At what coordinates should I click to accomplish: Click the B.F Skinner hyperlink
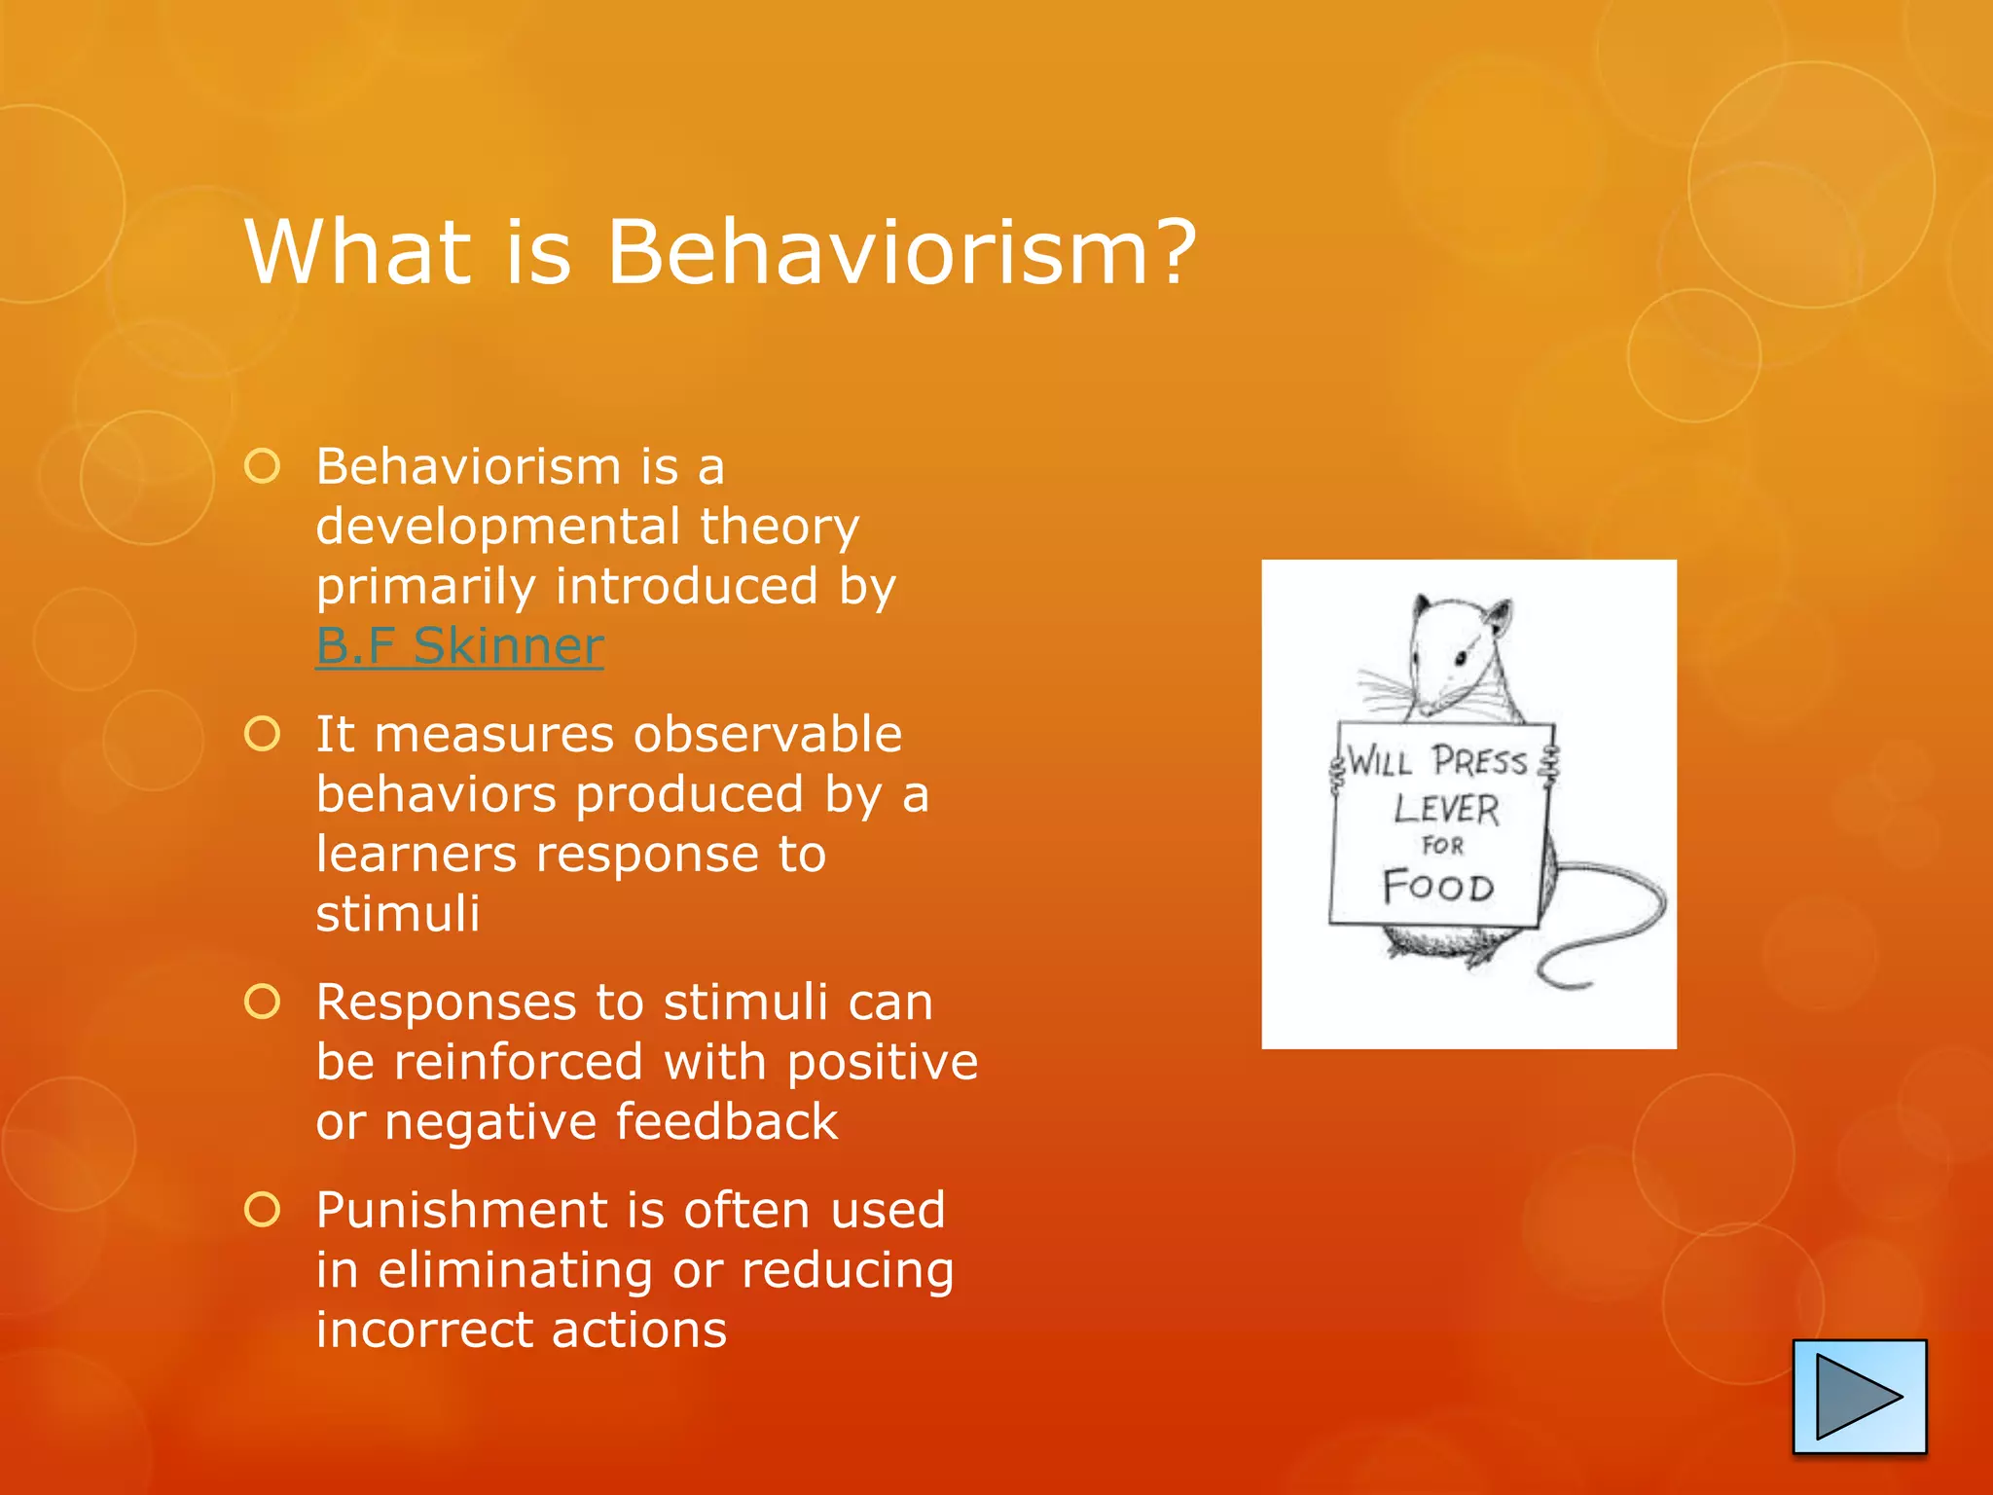coord(459,646)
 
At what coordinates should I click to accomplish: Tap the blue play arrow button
coord(1859,1397)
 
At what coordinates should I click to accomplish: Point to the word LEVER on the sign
coord(1446,809)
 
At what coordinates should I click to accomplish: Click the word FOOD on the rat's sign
coord(1438,887)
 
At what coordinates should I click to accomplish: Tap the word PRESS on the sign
coord(1479,761)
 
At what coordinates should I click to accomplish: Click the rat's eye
coord(1460,659)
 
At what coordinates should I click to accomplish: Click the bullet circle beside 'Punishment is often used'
coord(263,1210)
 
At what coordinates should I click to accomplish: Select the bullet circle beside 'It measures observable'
coord(263,734)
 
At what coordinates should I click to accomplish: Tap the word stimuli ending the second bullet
coord(398,914)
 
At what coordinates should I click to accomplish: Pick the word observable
coord(767,735)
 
